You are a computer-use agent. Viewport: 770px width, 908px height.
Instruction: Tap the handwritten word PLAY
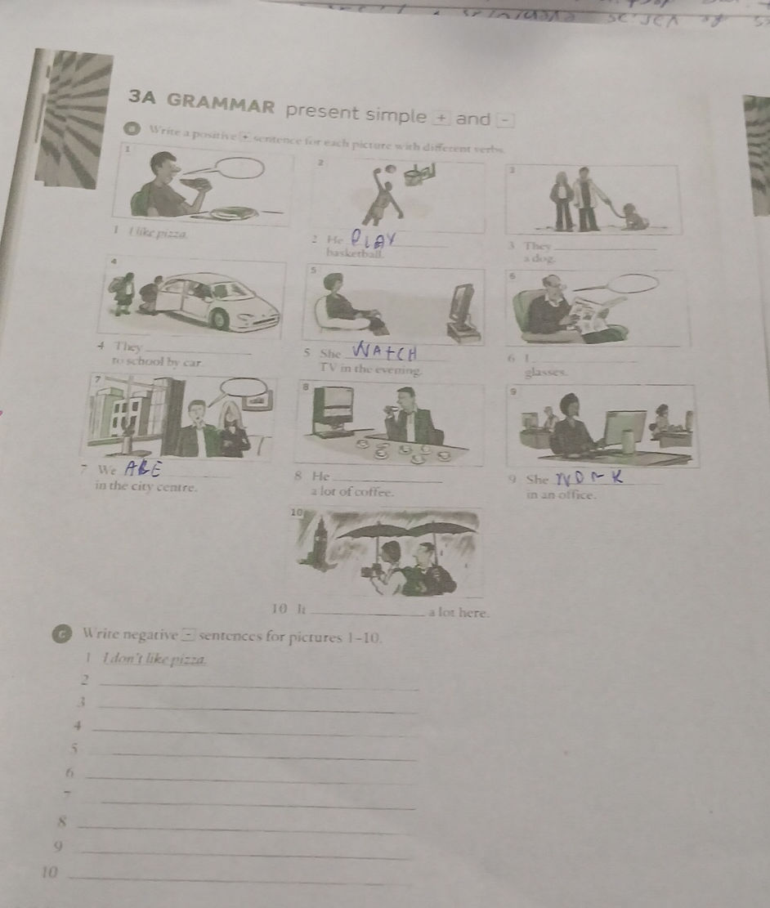point(373,238)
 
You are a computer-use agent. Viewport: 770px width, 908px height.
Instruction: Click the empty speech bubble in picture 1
point(239,169)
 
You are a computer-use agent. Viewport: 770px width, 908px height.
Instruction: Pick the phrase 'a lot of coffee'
point(352,491)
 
